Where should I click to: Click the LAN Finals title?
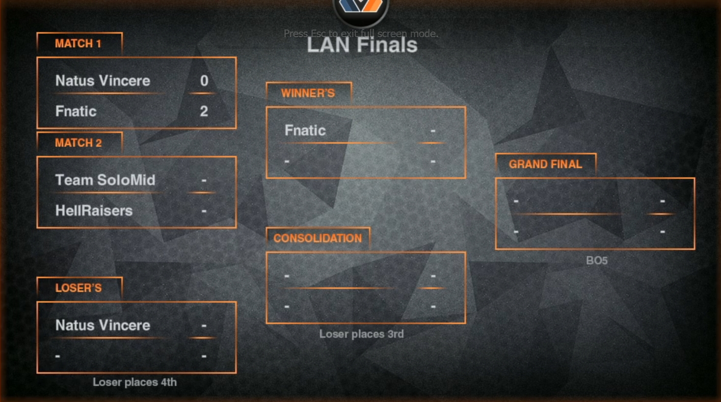(362, 45)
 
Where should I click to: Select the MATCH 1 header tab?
(78, 44)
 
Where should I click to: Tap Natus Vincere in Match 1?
(102, 81)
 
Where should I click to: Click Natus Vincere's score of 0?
(204, 81)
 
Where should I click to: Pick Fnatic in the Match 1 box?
(76, 111)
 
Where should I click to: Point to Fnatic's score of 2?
(204, 111)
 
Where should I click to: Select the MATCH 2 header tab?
(78, 143)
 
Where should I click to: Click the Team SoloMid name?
(105, 180)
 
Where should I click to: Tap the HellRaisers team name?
(94, 210)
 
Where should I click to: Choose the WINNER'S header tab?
(308, 94)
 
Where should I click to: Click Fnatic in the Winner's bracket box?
(305, 130)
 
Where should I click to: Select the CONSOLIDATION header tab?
(317, 238)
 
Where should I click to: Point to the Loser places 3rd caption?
(361, 334)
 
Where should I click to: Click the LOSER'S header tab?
(78, 288)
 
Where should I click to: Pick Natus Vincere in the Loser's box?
(102, 325)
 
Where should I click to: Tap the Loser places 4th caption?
(135, 382)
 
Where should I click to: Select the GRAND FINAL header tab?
(545, 165)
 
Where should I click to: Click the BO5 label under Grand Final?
(597, 261)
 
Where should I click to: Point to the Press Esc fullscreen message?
(361, 34)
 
